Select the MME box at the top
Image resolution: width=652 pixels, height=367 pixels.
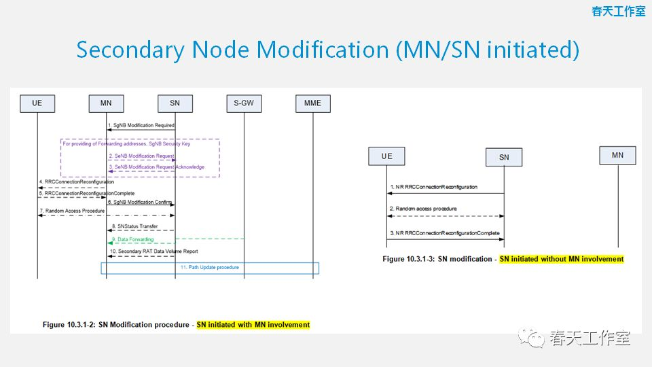[312, 103]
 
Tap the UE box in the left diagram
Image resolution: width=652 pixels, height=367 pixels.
[37, 103]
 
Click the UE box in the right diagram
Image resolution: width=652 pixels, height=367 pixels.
[386, 156]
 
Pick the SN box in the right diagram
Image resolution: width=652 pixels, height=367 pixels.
[504, 157]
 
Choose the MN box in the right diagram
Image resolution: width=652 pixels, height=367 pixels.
[617, 156]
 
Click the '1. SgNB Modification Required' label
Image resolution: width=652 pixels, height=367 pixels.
[142, 126]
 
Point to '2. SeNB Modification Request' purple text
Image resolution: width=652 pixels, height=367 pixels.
[141, 156]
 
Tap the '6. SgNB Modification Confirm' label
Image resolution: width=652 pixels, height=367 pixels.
[141, 203]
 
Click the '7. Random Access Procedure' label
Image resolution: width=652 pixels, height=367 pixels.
[72, 211]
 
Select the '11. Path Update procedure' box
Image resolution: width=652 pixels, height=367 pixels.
[210, 268]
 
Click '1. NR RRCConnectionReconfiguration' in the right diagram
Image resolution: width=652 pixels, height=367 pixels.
[433, 187]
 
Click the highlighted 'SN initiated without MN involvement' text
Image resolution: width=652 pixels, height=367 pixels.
[561, 259]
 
